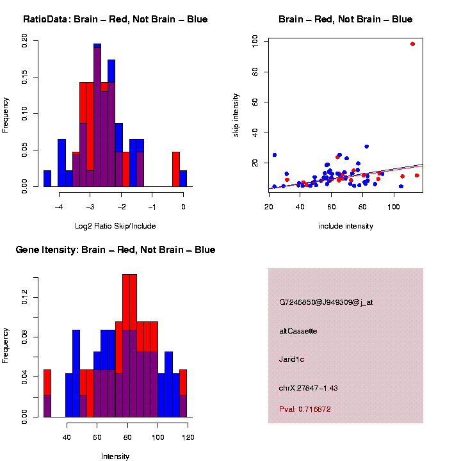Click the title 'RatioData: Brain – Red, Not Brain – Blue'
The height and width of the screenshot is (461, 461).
(115, 20)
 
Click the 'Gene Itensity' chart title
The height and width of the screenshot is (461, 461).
(115, 250)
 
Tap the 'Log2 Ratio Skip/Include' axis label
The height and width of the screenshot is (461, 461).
(115, 226)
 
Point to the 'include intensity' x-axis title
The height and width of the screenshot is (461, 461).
(346, 226)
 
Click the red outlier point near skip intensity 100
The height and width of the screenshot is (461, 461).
(412, 44)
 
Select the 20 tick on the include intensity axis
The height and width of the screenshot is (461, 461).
(269, 206)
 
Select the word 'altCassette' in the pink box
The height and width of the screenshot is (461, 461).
(298, 331)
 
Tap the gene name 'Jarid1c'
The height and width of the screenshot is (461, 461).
(292, 359)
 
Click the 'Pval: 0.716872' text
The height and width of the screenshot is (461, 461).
(305, 409)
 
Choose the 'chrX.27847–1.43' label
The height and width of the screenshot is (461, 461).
(309, 388)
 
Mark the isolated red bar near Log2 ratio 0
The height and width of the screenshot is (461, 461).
(175, 170)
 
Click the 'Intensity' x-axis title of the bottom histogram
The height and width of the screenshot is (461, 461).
(115, 457)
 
